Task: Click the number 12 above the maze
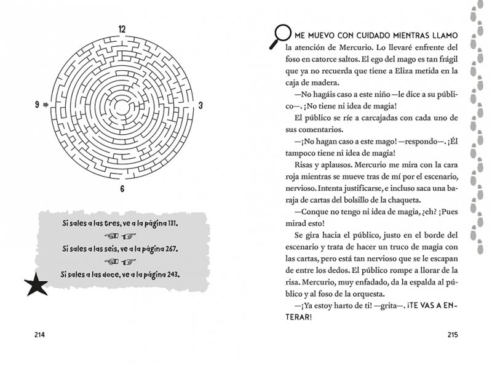point(122,28)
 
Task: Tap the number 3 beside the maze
point(200,105)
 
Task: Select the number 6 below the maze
point(122,188)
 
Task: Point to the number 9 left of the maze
point(38,105)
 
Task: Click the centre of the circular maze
point(122,105)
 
